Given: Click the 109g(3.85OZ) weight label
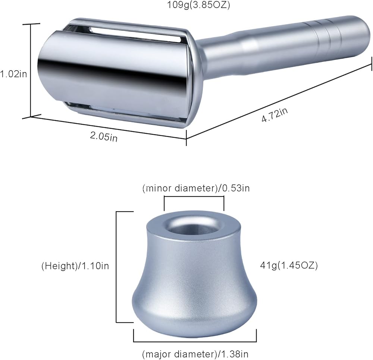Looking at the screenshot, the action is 198,4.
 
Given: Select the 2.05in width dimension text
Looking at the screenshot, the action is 104,136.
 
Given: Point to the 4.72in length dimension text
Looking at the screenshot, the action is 275,115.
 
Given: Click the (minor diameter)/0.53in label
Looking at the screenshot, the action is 196,188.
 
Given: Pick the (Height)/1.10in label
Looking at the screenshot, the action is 75,266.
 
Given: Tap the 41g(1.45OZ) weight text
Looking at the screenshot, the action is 289,265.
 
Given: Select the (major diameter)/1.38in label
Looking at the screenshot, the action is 195,354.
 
